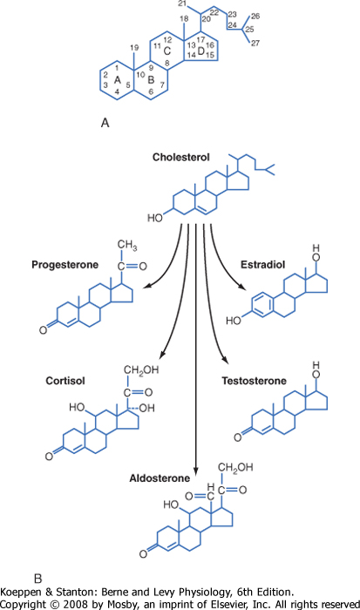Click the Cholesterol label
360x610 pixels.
pyautogui.click(x=181, y=158)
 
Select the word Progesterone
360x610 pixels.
pyautogui.click(x=65, y=265)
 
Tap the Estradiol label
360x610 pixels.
pyautogui.click(x=262, y=265)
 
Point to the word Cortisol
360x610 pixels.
pyautogui.click(x=65, y=381)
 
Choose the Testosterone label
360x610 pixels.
pyautogui.click(x=255, y=381)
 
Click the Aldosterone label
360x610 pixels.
pyautogui.click(x=160, y=478)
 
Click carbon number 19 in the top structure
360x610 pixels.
pyautogui.click(x=134, y=48)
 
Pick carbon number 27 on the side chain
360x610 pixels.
pyautogui.click(x=255, y=44)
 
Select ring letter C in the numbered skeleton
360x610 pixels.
pyautogui.click(x=167, y=51)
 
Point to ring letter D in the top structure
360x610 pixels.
pyautogui.click(x=201, y=51)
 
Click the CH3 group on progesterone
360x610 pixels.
pyautogui.click(x=127, y=246)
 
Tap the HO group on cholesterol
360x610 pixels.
pyautogui.click(x=155, y=218)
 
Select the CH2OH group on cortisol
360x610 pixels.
pyautogui.click(x=141, y=369)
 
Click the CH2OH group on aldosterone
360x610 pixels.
pyautogui.click(x=235, y=467)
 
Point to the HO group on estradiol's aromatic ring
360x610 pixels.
pyautogui.click(x=234, y=321)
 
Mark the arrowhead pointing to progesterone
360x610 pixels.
pyautogui.click(x=146, y=287)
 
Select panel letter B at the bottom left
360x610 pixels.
pyautogui.click(x=37, y=579)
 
